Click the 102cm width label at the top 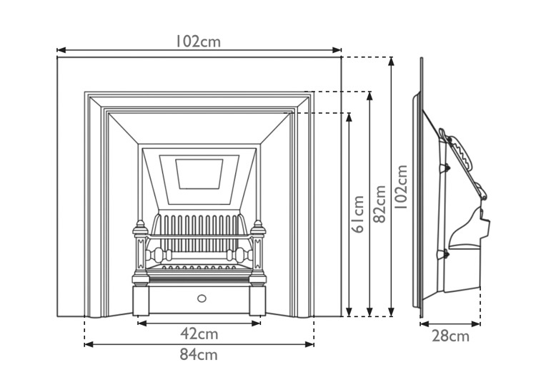(199, 41)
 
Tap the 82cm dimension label (379, 203)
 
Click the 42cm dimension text (198, 334)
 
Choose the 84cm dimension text (198, 354)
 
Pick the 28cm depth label (450, 336)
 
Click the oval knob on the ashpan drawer (200, 297)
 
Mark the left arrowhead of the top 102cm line (61, 50)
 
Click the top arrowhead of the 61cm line (349, 116)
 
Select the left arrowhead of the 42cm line (141, 323)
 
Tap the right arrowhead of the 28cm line (477, 323)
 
